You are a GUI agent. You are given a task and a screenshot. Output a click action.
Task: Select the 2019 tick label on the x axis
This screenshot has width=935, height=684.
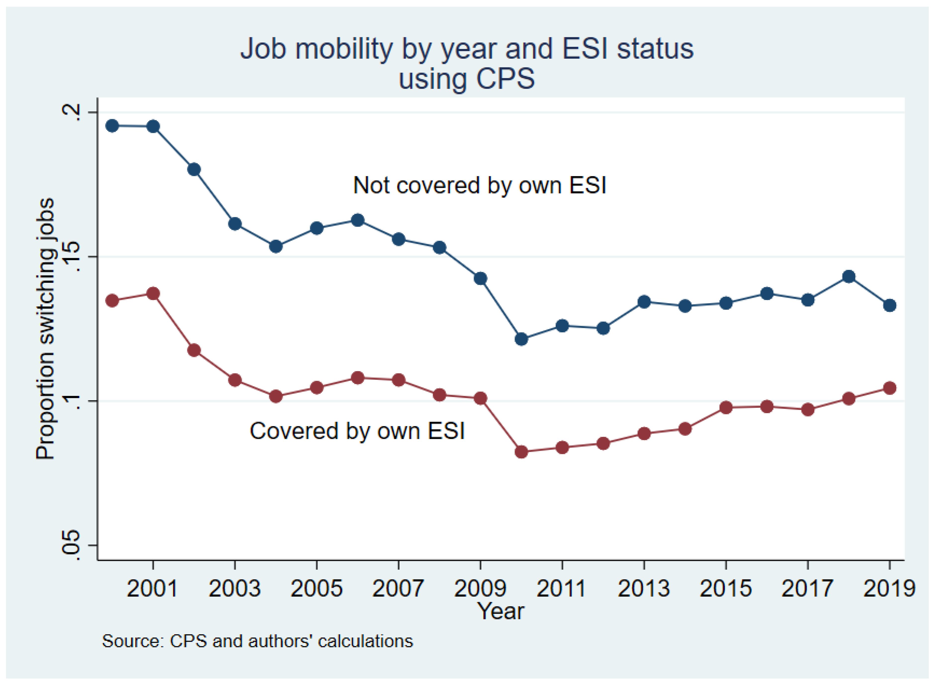click(x=889, y=588)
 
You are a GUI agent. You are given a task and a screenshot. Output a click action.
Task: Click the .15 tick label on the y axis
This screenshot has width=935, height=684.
click(x=70, y=257)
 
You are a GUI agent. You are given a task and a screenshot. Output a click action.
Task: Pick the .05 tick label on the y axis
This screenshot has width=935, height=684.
click(x=70, y=545)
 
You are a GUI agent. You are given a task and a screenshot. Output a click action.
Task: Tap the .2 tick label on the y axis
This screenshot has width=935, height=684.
click(x=70, y=112)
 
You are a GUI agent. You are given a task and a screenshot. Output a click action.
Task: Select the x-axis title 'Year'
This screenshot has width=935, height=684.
click(x=501, y=611)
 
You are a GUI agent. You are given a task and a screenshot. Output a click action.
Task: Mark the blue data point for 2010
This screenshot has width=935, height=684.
click(x=521, y=339)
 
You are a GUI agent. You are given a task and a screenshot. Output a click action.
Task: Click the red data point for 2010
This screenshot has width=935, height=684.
click(x=521, y=451)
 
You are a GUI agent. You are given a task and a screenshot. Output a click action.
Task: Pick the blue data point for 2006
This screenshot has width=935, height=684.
click(x=358, y=220)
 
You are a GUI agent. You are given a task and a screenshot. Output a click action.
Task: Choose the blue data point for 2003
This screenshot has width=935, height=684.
click(x=235, y=224)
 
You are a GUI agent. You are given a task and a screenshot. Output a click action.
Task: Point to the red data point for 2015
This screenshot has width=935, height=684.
click(x=726, y=407)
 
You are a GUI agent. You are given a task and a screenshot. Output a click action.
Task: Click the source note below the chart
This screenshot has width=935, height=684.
click(x=257, y=641)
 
